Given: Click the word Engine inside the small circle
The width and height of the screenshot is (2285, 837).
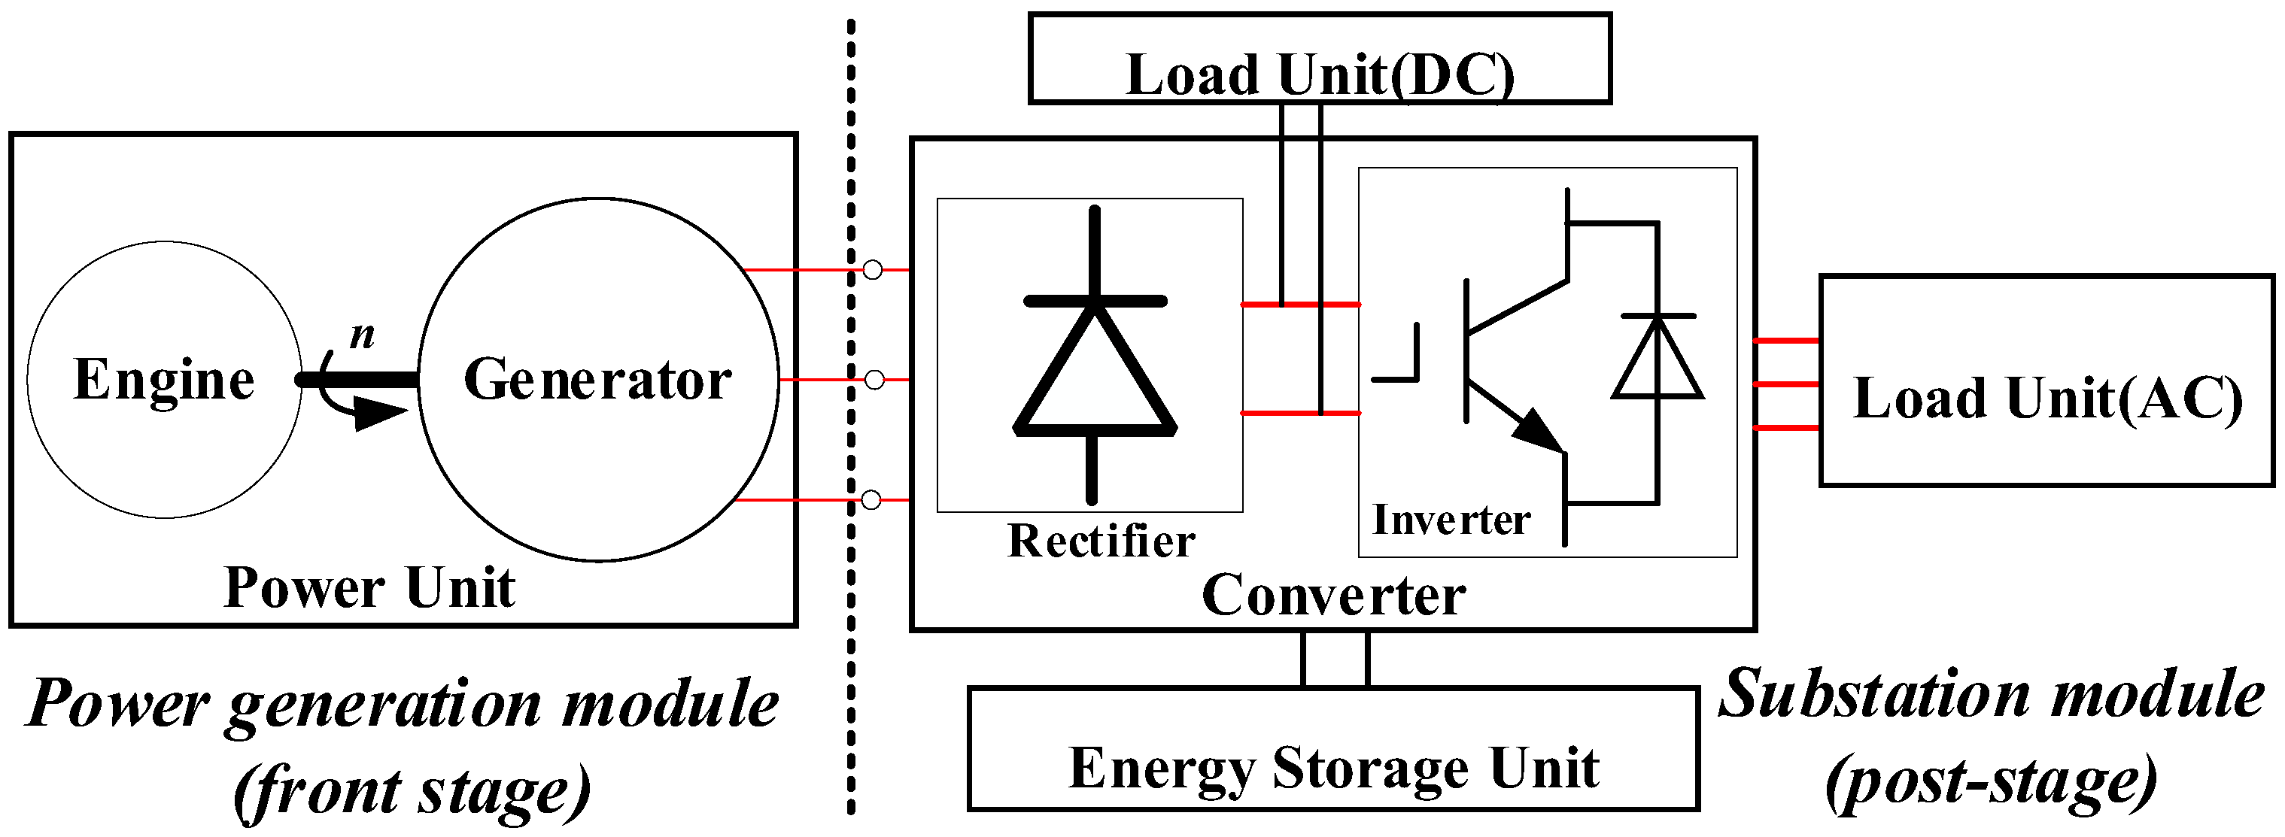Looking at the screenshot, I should [164, 380].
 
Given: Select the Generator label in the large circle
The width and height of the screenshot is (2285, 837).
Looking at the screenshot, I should [597, 380].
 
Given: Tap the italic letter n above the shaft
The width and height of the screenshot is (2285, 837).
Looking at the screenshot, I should [362, 335].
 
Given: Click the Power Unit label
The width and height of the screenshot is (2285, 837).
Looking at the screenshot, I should [369, 587].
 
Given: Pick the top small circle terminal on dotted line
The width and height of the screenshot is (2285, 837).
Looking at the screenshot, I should [873, 269].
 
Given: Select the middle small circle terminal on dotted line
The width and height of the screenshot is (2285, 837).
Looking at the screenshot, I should [874, 380].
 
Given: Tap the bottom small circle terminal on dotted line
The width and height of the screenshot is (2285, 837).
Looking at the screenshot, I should [871, 500].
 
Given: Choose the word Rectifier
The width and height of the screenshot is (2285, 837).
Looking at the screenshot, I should [1101, 540].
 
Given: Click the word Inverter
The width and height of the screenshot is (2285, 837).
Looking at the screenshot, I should [1451, 520].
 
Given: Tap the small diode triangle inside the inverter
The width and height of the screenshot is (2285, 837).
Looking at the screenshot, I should [1657, 359].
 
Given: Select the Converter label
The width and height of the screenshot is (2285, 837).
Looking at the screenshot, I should [1333, 595].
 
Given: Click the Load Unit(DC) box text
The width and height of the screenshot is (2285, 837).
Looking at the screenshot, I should [1320, 74].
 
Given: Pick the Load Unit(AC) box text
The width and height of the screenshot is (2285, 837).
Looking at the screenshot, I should [2047, 398].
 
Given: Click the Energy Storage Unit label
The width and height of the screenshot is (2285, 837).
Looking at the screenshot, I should [1333, 768].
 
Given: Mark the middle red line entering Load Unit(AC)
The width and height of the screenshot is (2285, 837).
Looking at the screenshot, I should [1786, 384].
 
